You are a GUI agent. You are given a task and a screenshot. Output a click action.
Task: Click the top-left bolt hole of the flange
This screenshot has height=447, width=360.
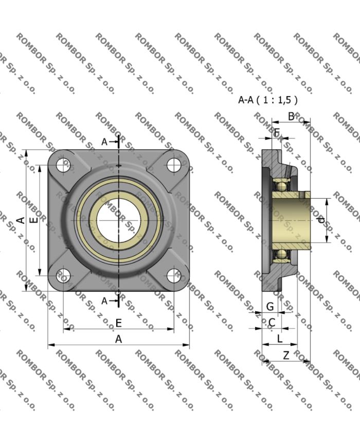pyautogui.click(x=63, y=165)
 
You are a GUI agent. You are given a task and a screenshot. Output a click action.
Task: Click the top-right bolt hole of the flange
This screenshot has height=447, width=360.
pyautogui.click(x=174, y=165)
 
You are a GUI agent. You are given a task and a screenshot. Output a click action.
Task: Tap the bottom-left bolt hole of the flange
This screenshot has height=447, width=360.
pyautogui.click(x=63, y=276)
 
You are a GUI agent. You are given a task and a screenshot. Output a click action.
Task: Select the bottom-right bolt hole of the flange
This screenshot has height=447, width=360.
pyautogui.click(x=174, y=276)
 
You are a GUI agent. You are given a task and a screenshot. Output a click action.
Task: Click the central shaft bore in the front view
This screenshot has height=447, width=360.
pyautogui.click(x=118, y=220)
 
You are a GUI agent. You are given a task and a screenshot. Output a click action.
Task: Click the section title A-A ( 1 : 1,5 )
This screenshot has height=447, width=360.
pyautogui.click(x=268, y=100)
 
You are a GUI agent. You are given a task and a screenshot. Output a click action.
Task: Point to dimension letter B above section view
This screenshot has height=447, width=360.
pyautogui.click(x=291, y=117)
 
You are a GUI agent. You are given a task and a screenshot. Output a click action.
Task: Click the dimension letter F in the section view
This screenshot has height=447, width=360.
pyautogui.click(x=276, y=133)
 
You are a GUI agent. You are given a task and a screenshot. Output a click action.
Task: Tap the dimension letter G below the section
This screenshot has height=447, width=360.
pyautogui.click(x=269, y=307)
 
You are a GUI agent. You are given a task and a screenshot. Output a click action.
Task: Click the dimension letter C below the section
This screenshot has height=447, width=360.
pyautogui.click(x=272, y=323)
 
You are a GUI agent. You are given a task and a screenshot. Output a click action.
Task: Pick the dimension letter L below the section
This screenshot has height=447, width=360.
pyautogui.click(x=280, y=338)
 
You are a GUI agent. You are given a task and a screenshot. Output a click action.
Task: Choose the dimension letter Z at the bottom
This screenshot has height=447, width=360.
pyautogui.click(x=286, y=355)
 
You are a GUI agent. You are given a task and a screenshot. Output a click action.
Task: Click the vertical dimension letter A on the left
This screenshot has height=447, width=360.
pyautogui.click(x=21, y=220)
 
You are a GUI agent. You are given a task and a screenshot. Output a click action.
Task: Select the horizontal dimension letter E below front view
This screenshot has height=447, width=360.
pyautogui.click(x=118, y=323)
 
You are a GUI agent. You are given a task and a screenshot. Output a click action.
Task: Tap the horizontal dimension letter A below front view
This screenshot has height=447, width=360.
pyautogui.click(x=118, y=339)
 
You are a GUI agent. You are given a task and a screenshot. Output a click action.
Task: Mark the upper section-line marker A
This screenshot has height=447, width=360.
pyautogui.click(x=104, y=141)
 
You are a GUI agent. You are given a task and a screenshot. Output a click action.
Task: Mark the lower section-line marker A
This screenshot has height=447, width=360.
pyautogui.click(x=104, y=300)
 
